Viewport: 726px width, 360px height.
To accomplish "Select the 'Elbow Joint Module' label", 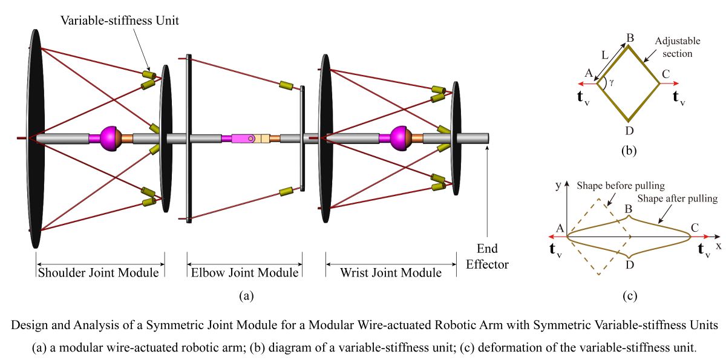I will pyautogui.click(x=245, y=273).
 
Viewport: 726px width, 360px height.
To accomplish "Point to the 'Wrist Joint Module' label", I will pyautogui.click(x=391, y=273).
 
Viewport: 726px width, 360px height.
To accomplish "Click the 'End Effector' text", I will pyautogui.click(x=487, y=256).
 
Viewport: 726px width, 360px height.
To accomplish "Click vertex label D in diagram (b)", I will pyautogui.click(x=630, y=129).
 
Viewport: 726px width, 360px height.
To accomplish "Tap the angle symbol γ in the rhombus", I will pyautogui.click(x=612, y=82).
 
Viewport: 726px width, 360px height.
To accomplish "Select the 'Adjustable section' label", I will pyautogui.click(x=677, y=47).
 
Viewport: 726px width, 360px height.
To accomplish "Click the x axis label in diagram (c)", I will pyautogui.click(x=719, y=246).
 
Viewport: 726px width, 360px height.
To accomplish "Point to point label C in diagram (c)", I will pyautogui.click(x=695, y=228).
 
